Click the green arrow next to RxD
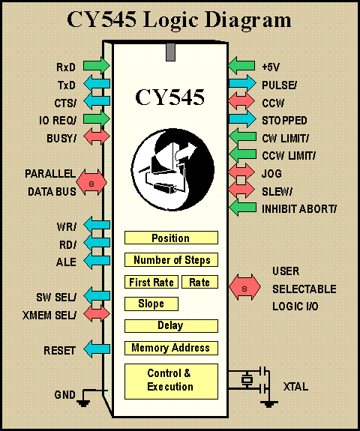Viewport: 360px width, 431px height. pyautogui.click(x=97, y=66)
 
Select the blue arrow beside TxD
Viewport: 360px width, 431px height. pyautogui.click(x=97, y=83)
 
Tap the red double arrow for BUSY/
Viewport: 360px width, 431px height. pyautogui.click(x=97, y=136)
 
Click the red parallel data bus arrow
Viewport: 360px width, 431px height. pyautogui.click(x=91, y=183)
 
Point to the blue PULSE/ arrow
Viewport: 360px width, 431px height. pyautogui.click(x=242, y=83)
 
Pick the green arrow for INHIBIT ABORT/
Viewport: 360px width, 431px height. pyautogui.click(x=242, y=207)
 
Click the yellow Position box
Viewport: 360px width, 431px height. pyautogui.click(x=171, y=238)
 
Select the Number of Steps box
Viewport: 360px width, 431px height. pyautogui.click(x=171, y=260)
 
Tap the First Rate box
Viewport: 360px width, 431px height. pyautogui.click(x=151, y=282)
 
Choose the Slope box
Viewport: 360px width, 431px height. pyautogui.click(x=151, y=304)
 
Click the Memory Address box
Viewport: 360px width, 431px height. pyautogui.click(x=171, y=348)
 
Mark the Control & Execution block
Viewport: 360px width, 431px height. pyautogui.click(x=171, y=382)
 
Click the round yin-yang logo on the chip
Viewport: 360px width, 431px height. pyautogui.click(x=172, y=169)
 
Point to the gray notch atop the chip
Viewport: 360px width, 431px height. pyautogui.click(x=170, y=52)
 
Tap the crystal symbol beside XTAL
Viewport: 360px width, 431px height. pyautogui.click(x=247, y=380)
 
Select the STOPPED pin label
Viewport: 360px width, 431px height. pyautogui.click(x=284, y=121)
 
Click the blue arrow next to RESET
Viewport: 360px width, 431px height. pyautogui.click(x=97, y=349)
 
